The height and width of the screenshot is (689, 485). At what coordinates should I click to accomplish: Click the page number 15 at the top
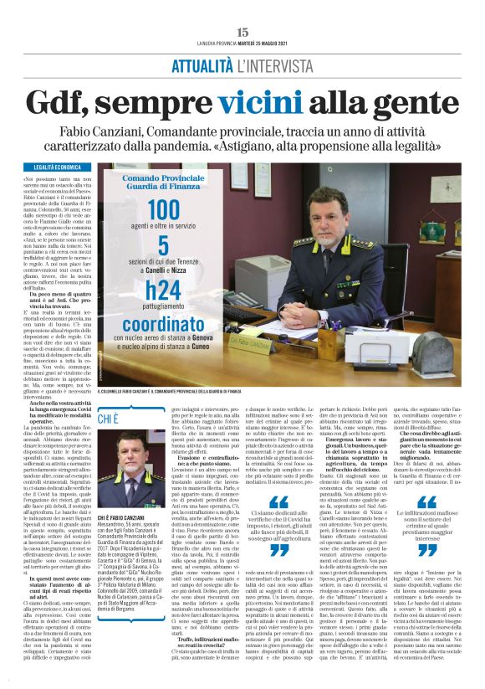coord(242,32)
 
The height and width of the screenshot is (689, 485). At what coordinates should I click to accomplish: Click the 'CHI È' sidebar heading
coord(110,417)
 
